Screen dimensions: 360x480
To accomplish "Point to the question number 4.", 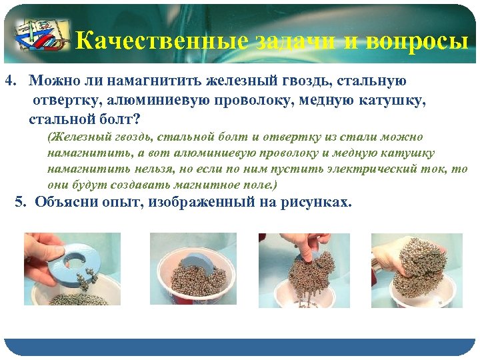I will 9,81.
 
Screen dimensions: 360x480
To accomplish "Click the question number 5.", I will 19,202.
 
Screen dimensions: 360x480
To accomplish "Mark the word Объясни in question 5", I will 63,202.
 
